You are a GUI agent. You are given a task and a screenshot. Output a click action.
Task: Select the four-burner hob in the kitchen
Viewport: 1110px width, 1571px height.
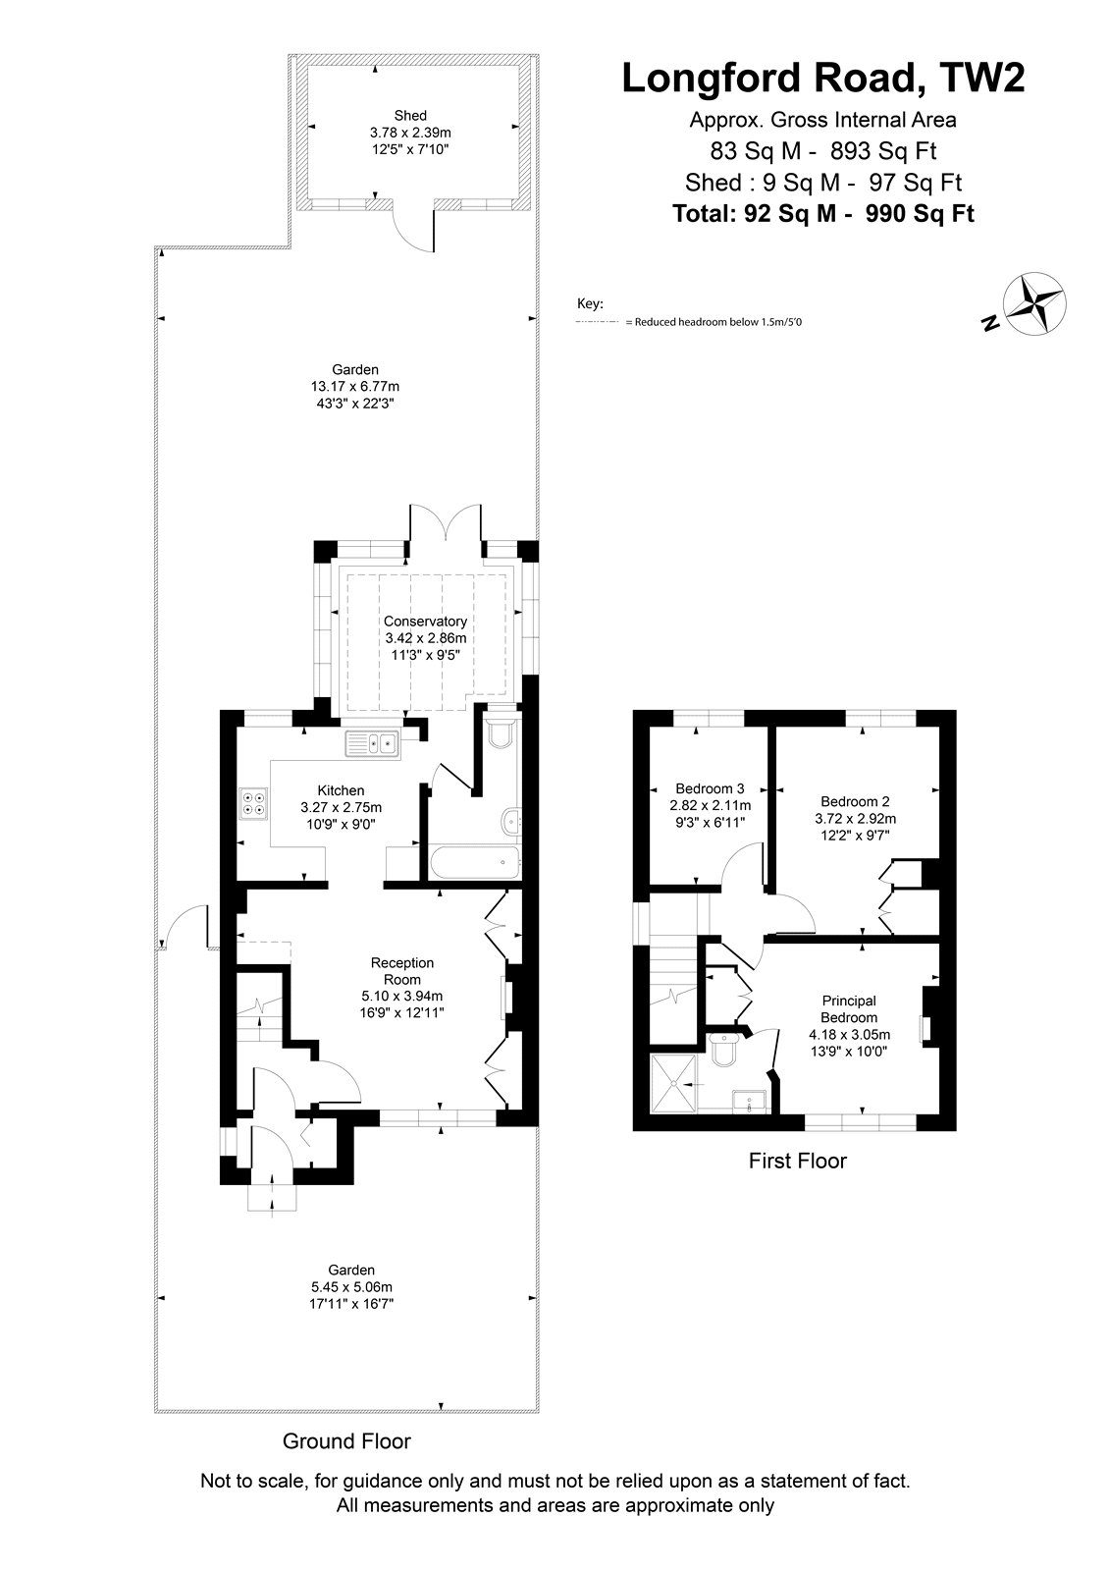pyautogui.click(x=253, y=804)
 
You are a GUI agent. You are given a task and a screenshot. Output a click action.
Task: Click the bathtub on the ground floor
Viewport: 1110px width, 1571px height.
pyautogui.click(x=475, y=862)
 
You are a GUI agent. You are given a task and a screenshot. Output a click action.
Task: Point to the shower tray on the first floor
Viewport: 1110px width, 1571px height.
pyautogui.click(x=674, y=1084)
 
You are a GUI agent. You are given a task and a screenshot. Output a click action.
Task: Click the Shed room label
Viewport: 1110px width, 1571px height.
pyautogui.click(x=410, y=116)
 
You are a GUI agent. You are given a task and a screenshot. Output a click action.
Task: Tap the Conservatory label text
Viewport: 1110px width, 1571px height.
pyautogui.click(x=425, y=622)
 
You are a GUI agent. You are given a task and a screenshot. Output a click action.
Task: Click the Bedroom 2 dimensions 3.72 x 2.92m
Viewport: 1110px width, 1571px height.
pyautogui.click(x=856, y=819)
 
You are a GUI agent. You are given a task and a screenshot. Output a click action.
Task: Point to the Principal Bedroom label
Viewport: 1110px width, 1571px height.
pyautogui.click(x=849, y=1009)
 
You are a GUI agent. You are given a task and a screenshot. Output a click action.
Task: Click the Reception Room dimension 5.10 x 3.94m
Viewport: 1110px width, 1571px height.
pyautogui.click(x=401, y=996)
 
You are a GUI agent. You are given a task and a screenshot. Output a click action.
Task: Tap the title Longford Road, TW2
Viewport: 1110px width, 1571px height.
pyautogui.click(x=823, y=78)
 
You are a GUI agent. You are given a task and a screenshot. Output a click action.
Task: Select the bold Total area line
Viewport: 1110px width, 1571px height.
pyautogui.click(x=823, y=213)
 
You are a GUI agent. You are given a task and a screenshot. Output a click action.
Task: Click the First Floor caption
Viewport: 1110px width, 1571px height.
pyautogui.click(x=797, y=1161)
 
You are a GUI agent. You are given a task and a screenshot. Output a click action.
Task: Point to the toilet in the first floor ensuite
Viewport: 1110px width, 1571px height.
pyautogui.click(x=720, y=1050)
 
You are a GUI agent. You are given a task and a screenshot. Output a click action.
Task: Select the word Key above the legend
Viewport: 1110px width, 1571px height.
pyautogui.click(x=589, y=304)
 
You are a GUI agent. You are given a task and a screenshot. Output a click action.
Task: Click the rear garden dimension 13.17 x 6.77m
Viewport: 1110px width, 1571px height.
pyautogui.click(x=355, y=387)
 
